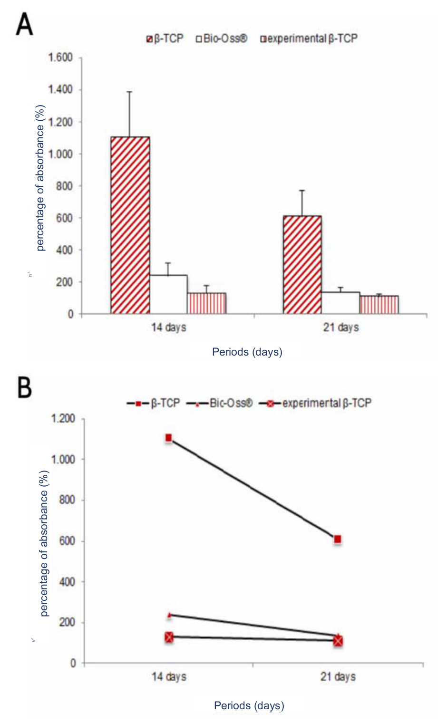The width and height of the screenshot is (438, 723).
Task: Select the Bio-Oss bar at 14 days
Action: (x=168, y=294)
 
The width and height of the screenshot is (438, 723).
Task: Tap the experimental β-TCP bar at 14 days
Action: (x=206, y=303)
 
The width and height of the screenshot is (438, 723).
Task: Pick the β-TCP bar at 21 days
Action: (x=302, y=265)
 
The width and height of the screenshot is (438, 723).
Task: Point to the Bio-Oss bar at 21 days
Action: (x=341, y=303)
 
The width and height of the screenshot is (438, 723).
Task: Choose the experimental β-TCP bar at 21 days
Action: (x=379, y=305)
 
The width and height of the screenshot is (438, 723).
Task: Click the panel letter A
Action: (x=24, y=24)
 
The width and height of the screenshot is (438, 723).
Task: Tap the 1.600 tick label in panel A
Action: (x=60, y=58)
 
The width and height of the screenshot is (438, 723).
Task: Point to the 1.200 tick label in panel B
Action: (x=63, y=419)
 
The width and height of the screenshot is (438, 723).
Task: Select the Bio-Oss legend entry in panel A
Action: (x=222, y=39)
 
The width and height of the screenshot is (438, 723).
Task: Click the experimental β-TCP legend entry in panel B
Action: (x=315, y=404)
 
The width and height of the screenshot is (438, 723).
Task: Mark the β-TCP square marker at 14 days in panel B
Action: (x=168, y=438)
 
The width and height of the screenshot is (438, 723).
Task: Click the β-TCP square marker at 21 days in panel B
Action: (x=338, y=540)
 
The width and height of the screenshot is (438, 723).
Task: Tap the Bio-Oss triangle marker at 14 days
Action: (x=169, y=615)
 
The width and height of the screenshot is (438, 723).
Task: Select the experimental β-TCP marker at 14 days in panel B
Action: (x=169, y=637)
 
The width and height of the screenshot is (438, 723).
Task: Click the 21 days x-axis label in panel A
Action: (x=341, y=328)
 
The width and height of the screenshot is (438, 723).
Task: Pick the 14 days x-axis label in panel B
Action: (x=169, y=676)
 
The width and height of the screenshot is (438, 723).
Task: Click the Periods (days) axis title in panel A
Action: (x=247, y=352)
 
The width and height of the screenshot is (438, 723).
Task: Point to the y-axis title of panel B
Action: (x=44, y=543)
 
